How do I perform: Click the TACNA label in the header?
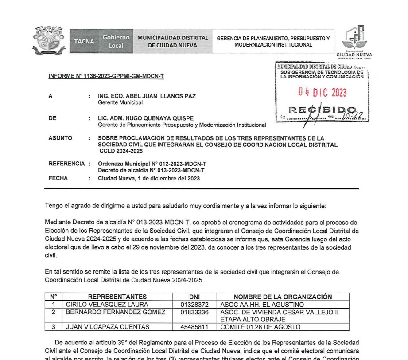point(84,42)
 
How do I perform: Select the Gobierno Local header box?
point(116,42)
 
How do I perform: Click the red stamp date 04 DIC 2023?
point(322,93)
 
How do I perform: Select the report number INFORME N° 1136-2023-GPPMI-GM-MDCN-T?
point(106,76)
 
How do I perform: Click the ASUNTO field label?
point(60,138)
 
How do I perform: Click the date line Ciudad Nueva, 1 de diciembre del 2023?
point(149,178)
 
